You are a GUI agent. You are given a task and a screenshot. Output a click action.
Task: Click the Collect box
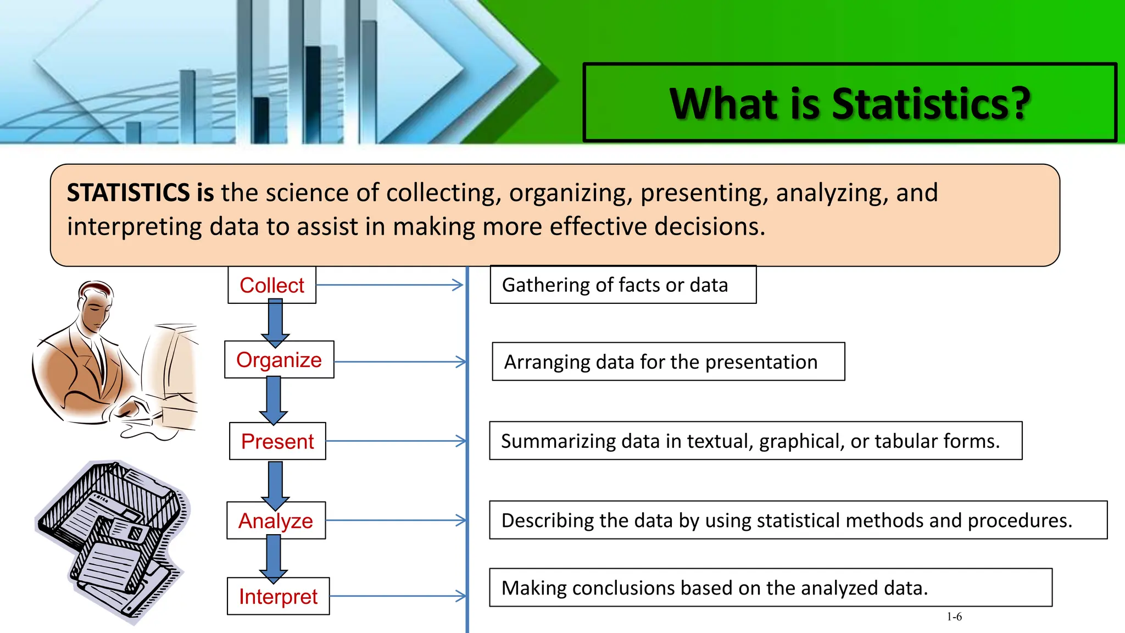click(272, 285)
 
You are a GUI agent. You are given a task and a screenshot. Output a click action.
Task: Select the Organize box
click(279, 360)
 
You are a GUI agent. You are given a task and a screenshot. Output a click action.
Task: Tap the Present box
click(277, 441)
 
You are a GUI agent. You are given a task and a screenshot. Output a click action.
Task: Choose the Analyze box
click(276, 520)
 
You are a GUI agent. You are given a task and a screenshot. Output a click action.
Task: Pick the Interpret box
click(278, 596)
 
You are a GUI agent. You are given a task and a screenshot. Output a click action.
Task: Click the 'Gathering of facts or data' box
click(623, 285)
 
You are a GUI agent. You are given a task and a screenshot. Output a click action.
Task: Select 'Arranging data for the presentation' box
click(668, 362)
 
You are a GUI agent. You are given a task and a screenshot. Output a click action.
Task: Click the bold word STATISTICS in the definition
click(129, 193)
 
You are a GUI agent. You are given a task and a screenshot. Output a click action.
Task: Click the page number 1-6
click(954, 617)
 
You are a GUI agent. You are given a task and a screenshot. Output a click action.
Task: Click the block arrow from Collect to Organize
click(275, 323)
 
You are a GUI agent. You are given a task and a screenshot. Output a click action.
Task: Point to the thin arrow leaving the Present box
click(396, 441)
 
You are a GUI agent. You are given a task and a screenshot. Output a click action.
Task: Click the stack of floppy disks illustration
click(113, 538)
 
